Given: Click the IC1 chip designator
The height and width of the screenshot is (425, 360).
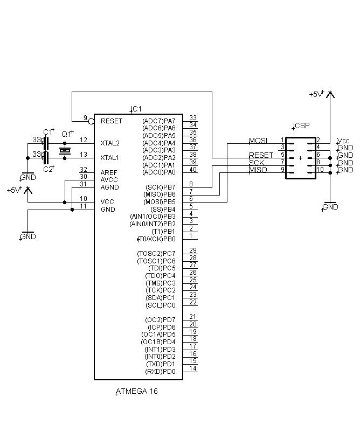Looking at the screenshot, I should (137, 109).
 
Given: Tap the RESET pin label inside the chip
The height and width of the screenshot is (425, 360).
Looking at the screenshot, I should (112, 121).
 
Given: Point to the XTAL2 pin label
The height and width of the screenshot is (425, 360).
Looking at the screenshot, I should (110, 143).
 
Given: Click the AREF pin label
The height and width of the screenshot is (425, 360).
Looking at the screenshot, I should (109, 172).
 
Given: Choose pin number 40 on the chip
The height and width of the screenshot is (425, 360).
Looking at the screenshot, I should (193, 170).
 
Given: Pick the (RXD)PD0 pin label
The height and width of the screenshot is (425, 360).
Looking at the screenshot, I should (160, 372).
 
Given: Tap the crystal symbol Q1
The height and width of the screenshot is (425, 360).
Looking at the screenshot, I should (65, 151).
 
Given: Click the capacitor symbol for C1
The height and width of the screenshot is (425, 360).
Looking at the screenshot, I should (46, 143).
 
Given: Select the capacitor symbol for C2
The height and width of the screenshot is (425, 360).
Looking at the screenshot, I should (46, 158).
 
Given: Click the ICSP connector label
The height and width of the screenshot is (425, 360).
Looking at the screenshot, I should (302, 126).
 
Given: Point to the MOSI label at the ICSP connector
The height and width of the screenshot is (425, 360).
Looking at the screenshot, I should (258, 141).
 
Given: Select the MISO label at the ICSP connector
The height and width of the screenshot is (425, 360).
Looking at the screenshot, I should (258, 170).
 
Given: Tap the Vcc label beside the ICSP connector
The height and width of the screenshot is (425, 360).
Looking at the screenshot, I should (343, 141).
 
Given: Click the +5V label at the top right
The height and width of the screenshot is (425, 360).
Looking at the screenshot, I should (316, 94).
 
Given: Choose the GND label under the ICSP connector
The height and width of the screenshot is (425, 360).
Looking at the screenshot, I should (330, 207).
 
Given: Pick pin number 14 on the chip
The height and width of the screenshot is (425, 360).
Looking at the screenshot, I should (193, 368).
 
